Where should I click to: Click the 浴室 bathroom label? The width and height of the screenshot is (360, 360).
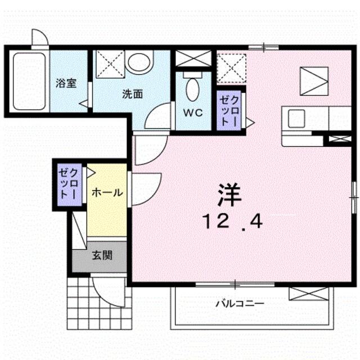(x=66, y=83)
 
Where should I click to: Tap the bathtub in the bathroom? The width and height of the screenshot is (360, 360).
(x=29, y=82)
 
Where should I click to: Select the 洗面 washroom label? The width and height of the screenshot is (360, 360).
(x=133, y=94)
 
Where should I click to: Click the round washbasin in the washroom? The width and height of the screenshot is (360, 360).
(x=140, y=61)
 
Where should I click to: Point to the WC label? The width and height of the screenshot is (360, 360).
(x=193, y=112)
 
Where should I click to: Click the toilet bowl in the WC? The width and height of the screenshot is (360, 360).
(x=192, y=89)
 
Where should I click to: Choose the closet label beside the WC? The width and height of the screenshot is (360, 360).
(x=229, y=111)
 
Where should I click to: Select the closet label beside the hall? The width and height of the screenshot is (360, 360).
(x=67, y=184)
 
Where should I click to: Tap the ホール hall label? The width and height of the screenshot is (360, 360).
(x=107, y=192)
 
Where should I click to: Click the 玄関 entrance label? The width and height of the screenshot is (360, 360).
(x=102, y=255)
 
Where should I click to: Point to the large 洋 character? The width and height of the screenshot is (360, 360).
(x=229, y=195)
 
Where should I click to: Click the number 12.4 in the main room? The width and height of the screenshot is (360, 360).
(x=232, y=222)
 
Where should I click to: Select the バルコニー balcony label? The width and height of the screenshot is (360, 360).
(x=240, y=304)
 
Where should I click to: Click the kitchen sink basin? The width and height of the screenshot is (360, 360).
(x=296, y=119)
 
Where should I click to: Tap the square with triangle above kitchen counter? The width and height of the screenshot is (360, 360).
(x=314, y=81)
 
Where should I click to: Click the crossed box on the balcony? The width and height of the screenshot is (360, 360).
(x=309, y=294)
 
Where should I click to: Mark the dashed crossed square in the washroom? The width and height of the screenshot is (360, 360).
(x=110, y=64)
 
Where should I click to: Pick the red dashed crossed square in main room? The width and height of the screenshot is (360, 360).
(x=231, y=68)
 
